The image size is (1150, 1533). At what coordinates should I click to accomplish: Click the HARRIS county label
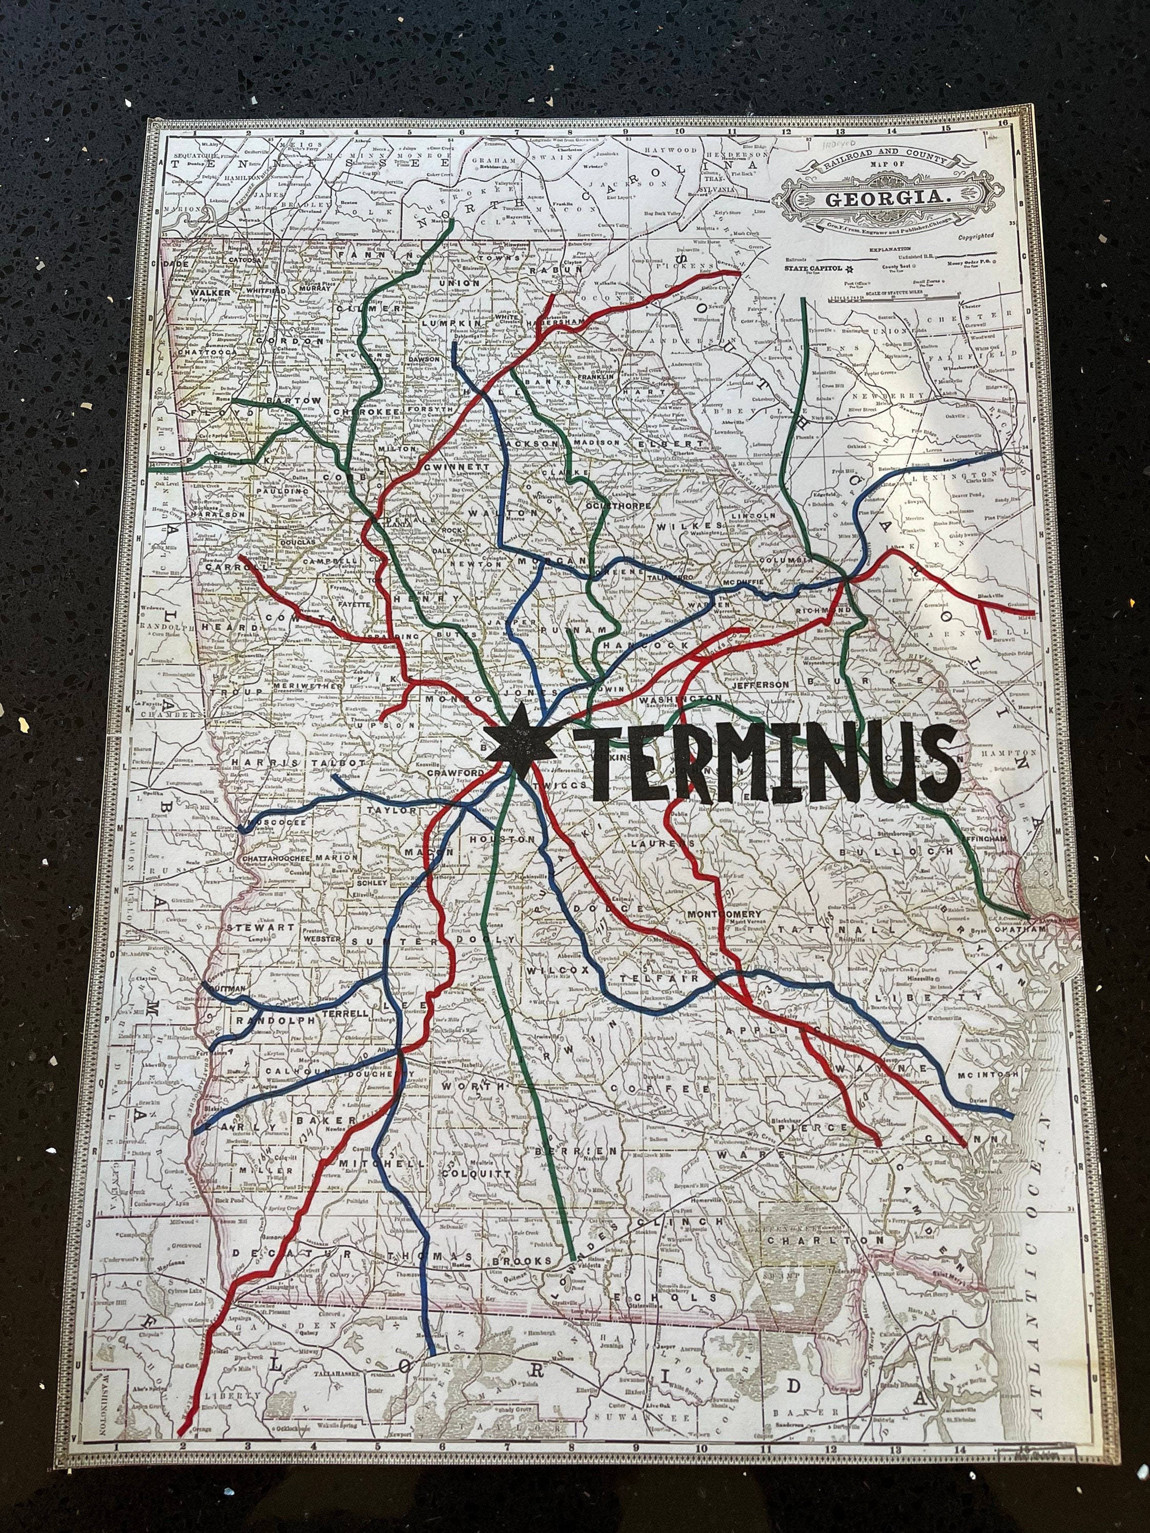pos(259,762)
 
